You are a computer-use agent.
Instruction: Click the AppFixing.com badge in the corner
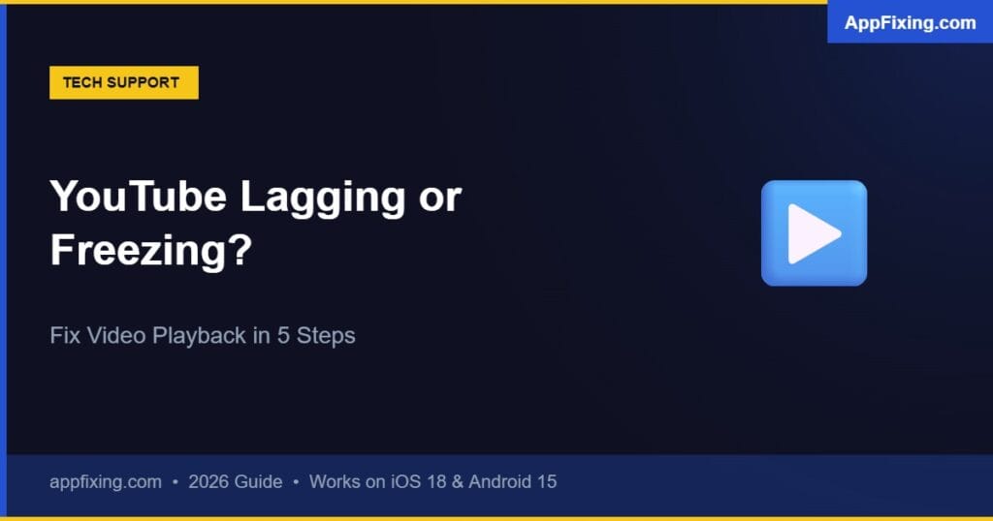[910, 23]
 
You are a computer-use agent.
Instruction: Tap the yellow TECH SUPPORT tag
[123, 82]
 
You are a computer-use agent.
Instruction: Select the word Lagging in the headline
[319, 199]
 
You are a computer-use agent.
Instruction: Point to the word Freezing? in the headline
[150, 251]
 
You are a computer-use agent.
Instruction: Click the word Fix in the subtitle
[64, 336]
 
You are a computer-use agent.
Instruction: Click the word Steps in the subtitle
[326, 337]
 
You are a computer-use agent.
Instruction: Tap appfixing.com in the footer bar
[106, 481]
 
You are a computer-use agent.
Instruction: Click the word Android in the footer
[500, 481]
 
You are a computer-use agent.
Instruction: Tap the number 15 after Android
[547, 481]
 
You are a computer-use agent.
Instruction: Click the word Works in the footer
[336, 481]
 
